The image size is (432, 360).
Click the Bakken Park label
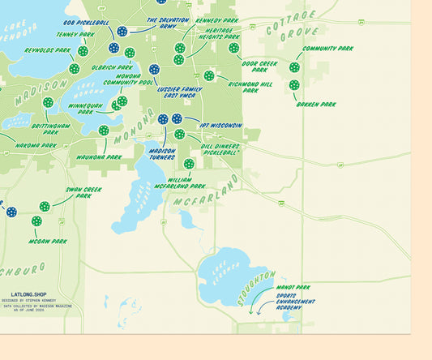coord(316,105)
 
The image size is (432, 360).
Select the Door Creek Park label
coord(259,66)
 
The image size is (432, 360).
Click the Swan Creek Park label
coord(83,194)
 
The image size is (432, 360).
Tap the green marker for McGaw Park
coord(36,221)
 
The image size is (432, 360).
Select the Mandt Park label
coord(293,287)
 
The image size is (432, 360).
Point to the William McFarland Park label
coord(180,183)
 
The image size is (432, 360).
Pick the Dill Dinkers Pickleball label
coord(220,149)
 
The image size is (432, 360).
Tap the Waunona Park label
coord(99,156)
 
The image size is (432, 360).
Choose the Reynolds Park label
coord(47,50)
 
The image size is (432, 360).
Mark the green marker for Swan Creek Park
coord(45,206)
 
